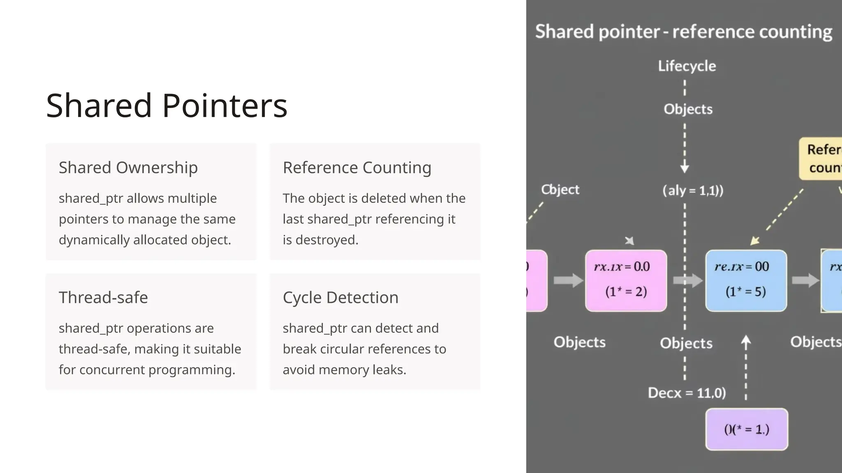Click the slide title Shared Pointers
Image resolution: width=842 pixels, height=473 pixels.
pos(167,106)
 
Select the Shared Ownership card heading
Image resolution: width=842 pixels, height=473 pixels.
pos(128,168)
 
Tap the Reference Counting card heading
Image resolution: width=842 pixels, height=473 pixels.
pos(357,168)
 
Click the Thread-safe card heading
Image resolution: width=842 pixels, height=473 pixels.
pos(103,297)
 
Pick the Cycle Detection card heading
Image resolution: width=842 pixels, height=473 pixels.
pos(340,297)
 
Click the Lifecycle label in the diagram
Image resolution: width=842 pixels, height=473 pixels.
pos(687,66)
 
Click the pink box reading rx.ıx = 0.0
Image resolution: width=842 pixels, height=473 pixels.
pos(626,280)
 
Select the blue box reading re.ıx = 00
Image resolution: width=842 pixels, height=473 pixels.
pos(746,280)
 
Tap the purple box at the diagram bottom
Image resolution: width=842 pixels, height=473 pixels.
pos(747,429)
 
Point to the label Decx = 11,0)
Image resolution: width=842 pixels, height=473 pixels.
pos(687,393)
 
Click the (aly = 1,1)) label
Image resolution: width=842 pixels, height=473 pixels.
pos(693,191)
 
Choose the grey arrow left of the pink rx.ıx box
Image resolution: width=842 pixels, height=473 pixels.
pos(568,280)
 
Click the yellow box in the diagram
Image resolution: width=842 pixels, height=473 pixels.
pos(821,158)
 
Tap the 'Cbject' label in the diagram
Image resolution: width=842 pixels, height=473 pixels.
pos(560,189)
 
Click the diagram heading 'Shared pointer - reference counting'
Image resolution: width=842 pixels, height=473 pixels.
pos(683,32)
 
